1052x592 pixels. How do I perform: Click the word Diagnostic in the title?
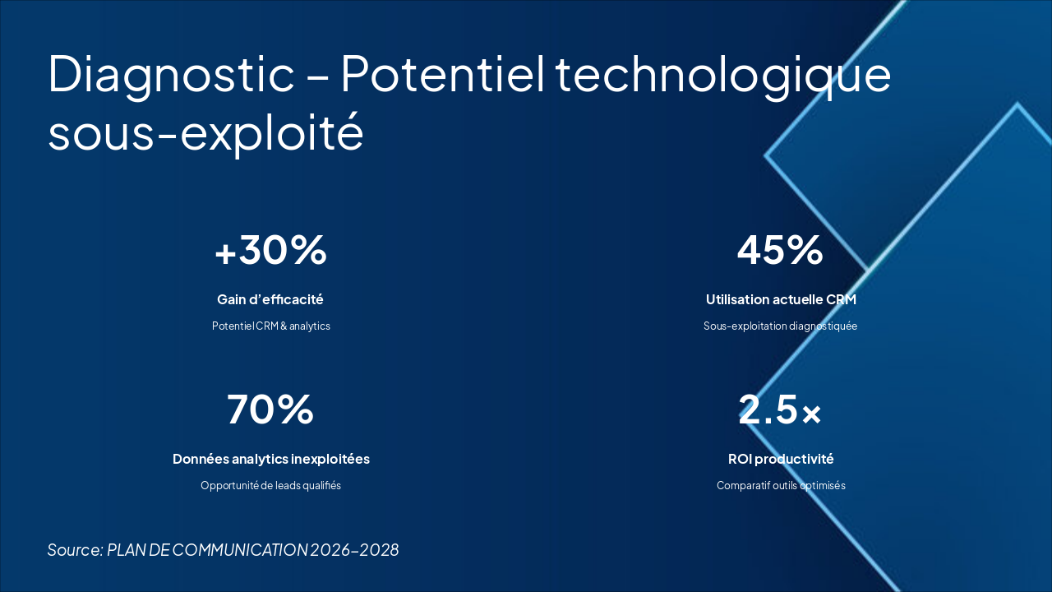[171, 74]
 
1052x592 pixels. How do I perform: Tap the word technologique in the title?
[723, 74]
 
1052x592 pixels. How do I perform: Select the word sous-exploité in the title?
[205, 133]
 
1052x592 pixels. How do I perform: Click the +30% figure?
[270, 251]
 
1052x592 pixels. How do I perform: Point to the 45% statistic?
[780, 251]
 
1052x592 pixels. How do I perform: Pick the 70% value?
[270, 409]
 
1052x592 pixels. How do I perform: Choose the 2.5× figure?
[780, 409]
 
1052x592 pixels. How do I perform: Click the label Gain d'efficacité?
[270, 299]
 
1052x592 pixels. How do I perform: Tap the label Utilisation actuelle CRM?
[781, 299]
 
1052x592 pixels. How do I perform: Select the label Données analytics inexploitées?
[270, 459]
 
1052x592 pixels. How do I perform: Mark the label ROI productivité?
[781, 459]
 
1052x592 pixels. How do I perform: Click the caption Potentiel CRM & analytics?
[270, 326]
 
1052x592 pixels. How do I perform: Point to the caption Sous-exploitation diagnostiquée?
[780, 326]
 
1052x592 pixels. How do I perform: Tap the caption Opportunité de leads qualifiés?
[270, 486]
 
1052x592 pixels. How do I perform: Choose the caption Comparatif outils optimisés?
[781, 486]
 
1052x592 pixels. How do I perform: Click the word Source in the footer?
[74, 550]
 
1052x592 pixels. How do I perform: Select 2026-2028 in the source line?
[354, 550]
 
